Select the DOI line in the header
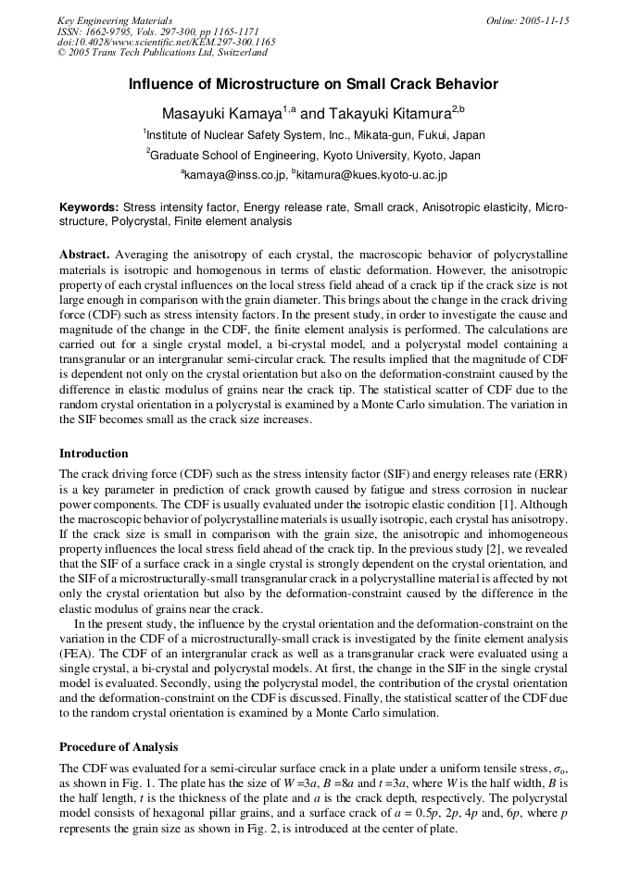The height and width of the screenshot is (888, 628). tap(166, 43)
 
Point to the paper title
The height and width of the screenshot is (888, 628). tap(313, 84)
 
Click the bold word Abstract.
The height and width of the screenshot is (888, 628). tap(84, 255)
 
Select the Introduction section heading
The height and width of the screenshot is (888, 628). tap(94, 454)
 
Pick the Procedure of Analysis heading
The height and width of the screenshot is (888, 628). tap(119, 747)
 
